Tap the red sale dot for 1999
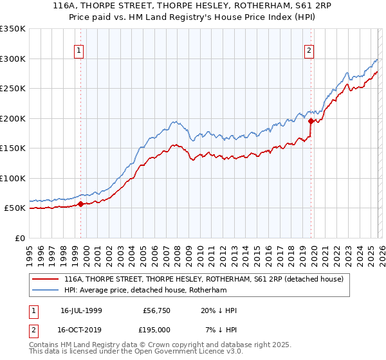(81, 204)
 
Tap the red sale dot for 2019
(311, 121)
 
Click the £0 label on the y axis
(19, 238)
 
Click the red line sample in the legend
(46, 280)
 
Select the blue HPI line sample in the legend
(46, 291)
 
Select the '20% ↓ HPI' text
(218, 310)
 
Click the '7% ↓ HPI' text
(220, 329)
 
